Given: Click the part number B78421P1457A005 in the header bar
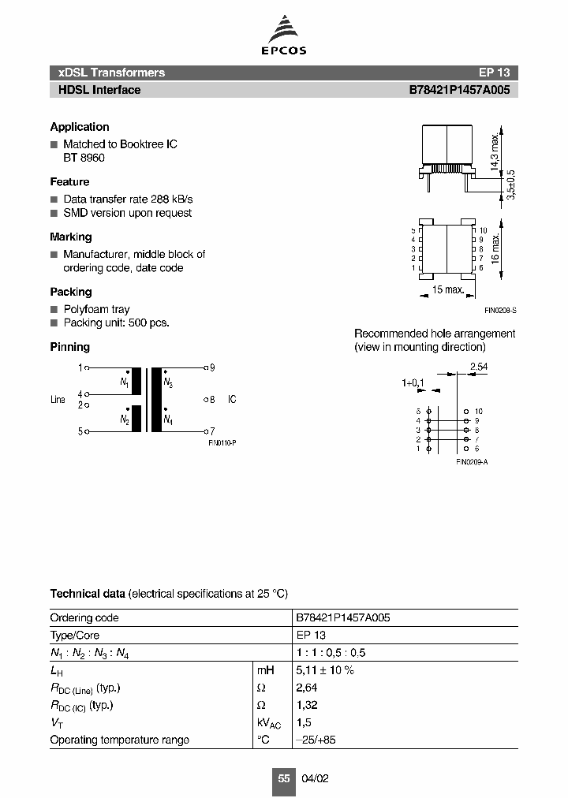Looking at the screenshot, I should (458, 90).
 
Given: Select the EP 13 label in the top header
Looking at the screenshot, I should (494, 73).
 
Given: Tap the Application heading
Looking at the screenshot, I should (80, 127).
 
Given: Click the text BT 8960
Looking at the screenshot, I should (84, 158).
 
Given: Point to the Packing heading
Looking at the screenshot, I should (71, 292).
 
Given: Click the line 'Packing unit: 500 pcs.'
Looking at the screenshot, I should (116, 323).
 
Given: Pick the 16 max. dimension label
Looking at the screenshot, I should (495, 249).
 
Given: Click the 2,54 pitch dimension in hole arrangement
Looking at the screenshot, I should (478, 367).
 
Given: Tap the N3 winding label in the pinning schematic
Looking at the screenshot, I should (168, 382).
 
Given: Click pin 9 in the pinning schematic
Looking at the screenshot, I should (212, 367).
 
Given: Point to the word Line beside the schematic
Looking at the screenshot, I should (58, 400).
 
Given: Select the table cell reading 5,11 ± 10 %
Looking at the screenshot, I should (324, 670).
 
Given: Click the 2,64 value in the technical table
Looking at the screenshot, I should (307, 688).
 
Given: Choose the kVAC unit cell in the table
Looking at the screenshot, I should (269, 723).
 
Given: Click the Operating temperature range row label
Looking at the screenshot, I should (119, 740).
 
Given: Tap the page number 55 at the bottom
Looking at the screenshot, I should (284, 778).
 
